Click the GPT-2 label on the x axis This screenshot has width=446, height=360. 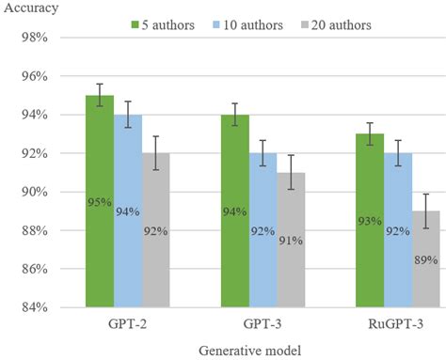127,322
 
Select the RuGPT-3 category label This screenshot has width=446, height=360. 398,322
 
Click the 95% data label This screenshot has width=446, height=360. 101,202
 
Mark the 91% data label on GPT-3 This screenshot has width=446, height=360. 291,241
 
